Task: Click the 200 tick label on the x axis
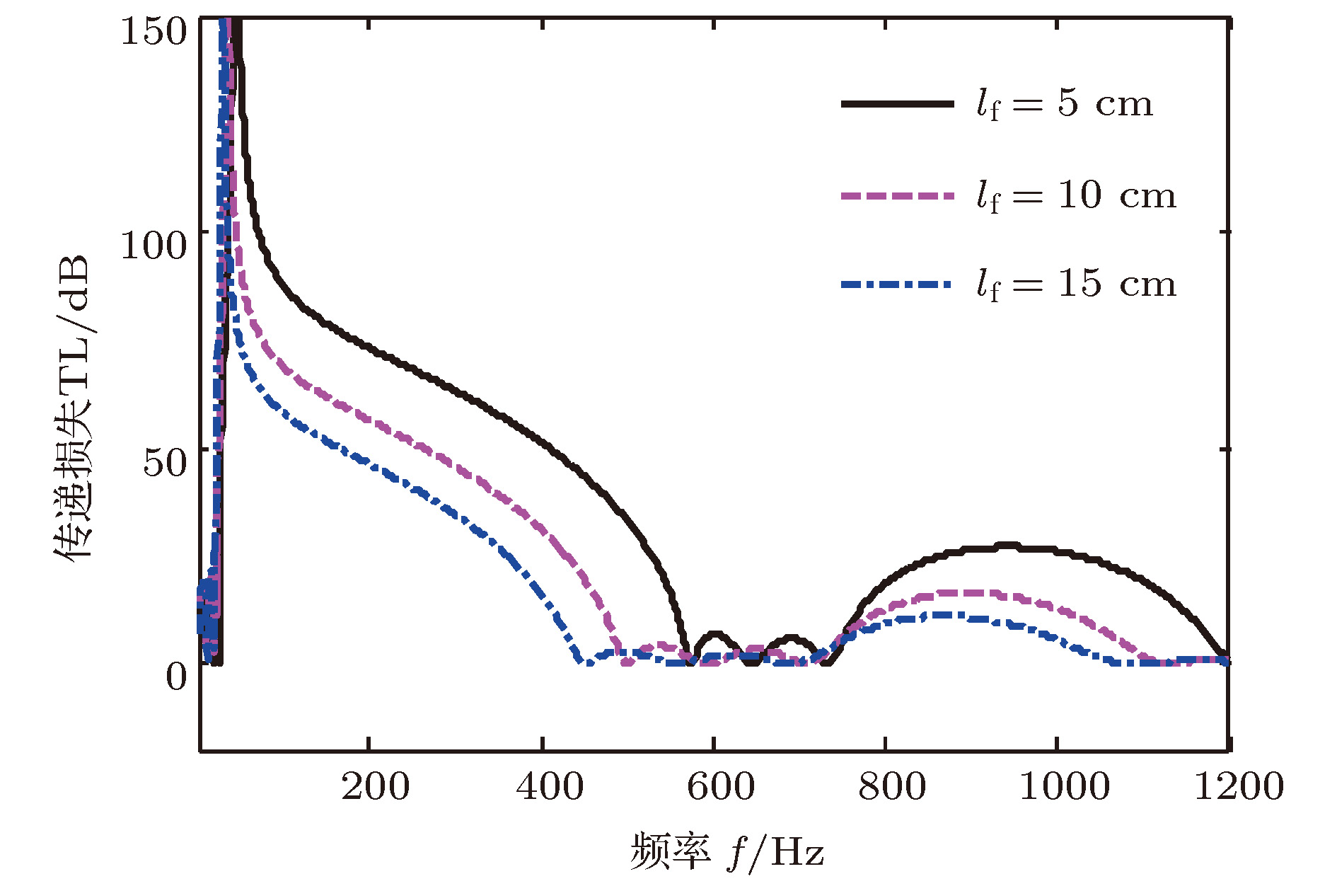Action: pos(375,787)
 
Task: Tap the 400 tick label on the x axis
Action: pos(550,787)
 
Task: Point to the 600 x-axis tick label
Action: pos(721,787)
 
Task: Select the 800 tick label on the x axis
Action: pos(892,787)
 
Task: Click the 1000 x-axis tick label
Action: pos(1064,787)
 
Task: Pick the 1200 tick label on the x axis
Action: pos(1238,787)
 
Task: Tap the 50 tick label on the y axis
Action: pos(164,462)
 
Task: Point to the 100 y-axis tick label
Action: pos(153,245)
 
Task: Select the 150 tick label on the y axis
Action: pos(153,30)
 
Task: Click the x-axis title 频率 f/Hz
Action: pos(727,851)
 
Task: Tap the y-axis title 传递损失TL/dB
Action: pos(73,407)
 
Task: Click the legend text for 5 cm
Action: pos(1065,105)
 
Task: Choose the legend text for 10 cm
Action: pos(1076,195)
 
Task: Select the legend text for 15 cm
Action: pos(1076,284)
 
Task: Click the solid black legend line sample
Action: pos(897,104)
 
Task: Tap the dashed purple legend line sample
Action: pos(897,195)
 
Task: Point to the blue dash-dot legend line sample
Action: pos(897,284)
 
